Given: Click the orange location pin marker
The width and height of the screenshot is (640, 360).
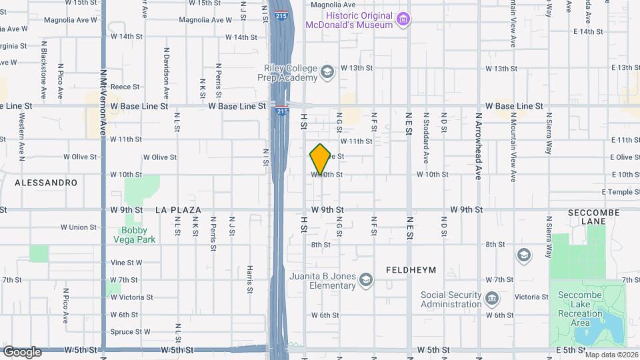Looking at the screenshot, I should (320, 159).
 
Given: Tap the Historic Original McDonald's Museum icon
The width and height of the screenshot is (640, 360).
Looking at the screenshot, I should (403, 19).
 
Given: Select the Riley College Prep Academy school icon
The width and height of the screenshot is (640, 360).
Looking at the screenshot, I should (327, 71).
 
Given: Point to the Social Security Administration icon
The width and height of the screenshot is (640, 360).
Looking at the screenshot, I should (492, 297).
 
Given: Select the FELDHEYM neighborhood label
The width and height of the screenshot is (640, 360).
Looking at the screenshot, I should (411, 270).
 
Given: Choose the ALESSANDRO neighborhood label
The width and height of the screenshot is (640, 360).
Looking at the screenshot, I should (46, 182).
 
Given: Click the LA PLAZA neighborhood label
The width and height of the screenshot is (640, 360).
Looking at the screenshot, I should (178, 209).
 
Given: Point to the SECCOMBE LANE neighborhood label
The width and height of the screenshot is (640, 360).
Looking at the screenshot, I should (593, 217).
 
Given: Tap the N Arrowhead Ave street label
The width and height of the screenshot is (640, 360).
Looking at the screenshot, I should (478, 146).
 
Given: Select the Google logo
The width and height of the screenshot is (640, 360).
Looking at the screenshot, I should (22, 351).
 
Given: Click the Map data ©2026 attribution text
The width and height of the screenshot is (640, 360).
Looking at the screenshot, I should (611, 355).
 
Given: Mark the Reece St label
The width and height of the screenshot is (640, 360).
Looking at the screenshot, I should (125, 87).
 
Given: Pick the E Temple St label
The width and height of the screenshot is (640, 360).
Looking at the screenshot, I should (620, 192).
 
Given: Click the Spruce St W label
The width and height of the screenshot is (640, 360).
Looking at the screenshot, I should (130, 331).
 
